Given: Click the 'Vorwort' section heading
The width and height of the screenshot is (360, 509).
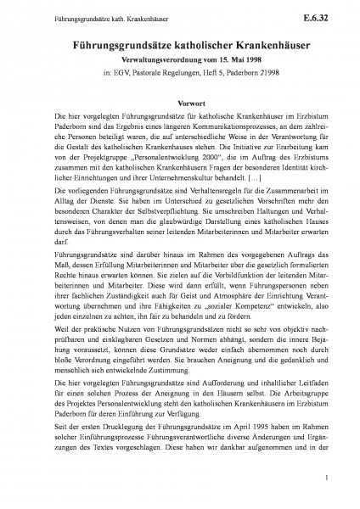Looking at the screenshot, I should coord(180,98).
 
